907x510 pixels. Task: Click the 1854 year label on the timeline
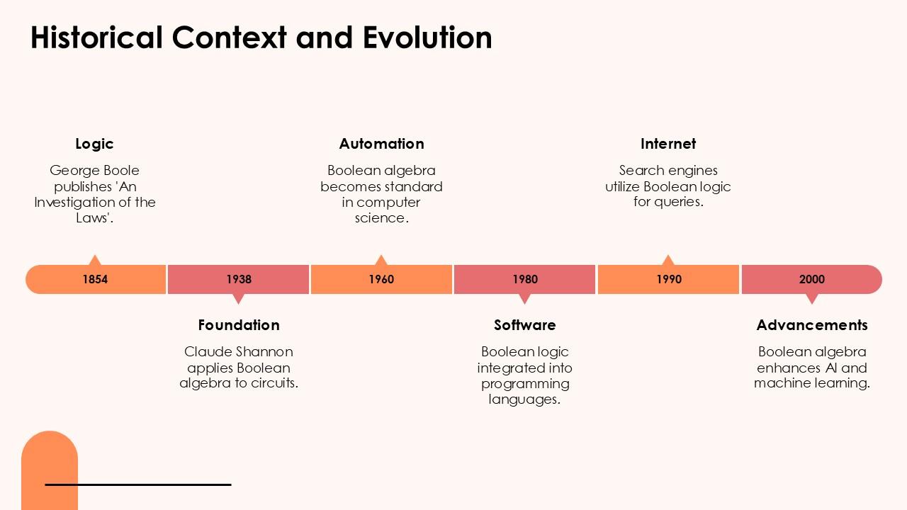tap(95, 279)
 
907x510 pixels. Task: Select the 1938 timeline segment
tap(239, 279)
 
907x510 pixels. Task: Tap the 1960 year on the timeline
tap(381, 279)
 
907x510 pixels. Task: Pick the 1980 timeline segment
tap(525, 279)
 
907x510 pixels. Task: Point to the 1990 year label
tap(668, 279)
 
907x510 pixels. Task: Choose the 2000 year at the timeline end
tap(812, 279)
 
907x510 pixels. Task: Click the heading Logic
tap(94, 144)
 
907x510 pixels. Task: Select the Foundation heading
tap(239, 325)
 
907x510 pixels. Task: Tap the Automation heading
tap(381, 144)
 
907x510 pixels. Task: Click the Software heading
tap(525, 325)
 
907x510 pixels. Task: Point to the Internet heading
tap(668, 144)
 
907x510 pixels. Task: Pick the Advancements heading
tap(812, 325)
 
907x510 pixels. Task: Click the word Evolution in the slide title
tap(427, 38)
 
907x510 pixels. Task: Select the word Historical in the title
tap(96, 38)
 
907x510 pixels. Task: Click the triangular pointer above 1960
tap(381, 260)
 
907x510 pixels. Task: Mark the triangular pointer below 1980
tap(525, 298)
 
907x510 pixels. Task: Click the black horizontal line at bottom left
tap(138, 484)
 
